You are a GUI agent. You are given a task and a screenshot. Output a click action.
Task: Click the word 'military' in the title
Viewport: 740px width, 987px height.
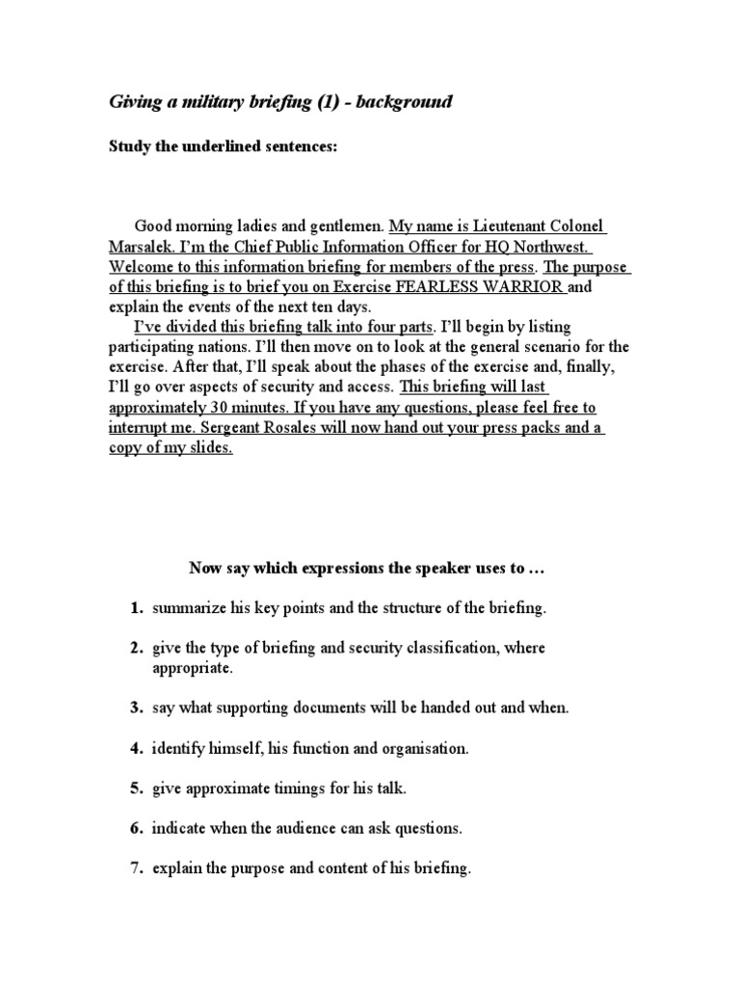(210, 101)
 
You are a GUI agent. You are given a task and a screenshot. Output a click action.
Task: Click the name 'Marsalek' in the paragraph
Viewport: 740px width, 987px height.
(141, 246)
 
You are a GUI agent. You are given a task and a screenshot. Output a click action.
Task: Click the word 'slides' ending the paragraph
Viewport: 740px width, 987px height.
(211, 448)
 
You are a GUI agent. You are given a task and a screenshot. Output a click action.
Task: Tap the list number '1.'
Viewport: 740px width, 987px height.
(137, 609)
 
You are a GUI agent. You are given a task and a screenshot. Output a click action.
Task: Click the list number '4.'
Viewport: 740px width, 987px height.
(137, 747)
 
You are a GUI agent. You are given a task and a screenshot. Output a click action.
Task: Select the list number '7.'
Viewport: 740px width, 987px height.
(137, 868)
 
